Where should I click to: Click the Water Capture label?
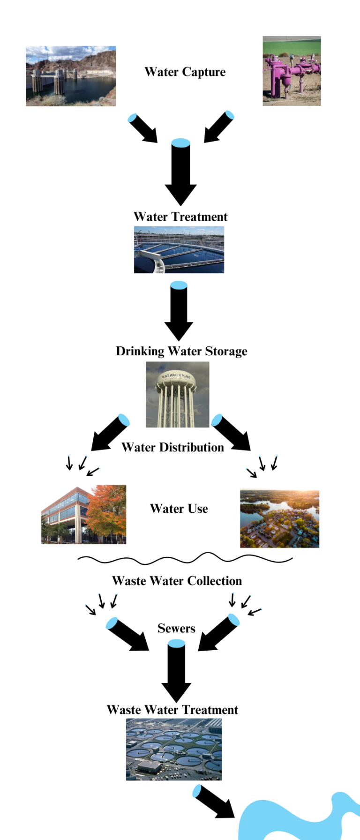point(185,72)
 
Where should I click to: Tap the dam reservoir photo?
point(71,76)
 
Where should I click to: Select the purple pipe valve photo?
point(292,71)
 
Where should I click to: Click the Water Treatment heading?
point(180,217)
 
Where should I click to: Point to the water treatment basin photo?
point(179,250)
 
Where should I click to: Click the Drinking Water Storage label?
point(181,351)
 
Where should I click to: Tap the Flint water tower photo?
point(177,394)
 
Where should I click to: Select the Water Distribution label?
point(172,447)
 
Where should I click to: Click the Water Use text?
point(179,509)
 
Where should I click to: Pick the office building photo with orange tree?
point(83,514)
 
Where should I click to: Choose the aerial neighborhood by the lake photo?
point(279,519)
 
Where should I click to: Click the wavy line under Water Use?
point(185,559)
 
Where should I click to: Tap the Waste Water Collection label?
point(177,581)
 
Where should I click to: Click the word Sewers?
point(176,628)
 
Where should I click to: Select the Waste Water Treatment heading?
point(172,710)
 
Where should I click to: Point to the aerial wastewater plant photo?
point(173,749)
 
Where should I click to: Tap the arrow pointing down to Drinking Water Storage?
point(179,312)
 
